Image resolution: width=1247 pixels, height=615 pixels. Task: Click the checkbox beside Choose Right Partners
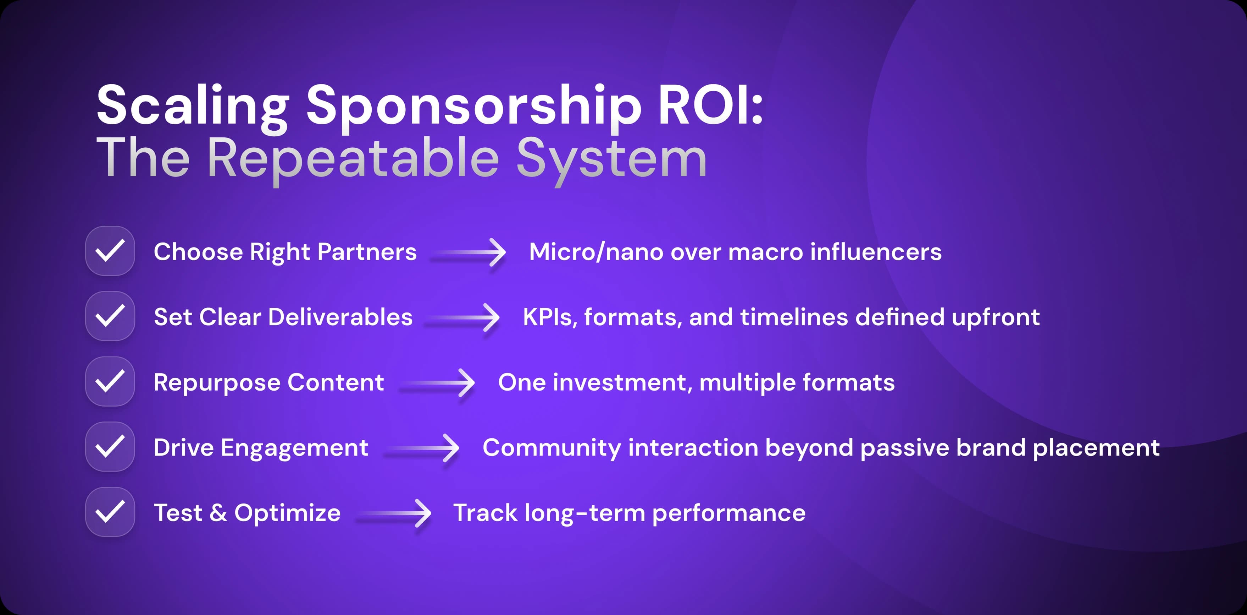click(x=110, y=251)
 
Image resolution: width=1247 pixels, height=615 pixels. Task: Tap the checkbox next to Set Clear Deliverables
click(x=110, y=316)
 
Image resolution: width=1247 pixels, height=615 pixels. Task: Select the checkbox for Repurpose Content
click(x=110, y=381)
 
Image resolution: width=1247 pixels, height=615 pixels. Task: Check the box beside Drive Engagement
click(x=110, y=446)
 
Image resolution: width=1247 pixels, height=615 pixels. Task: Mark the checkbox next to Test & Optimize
click(x=110, y=512)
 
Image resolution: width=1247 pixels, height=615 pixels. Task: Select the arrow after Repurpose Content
click(x=438, y=383)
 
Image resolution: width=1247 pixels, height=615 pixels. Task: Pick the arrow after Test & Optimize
click(x=394, y=513)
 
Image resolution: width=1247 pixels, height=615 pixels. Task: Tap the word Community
click(x=552, y=448)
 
